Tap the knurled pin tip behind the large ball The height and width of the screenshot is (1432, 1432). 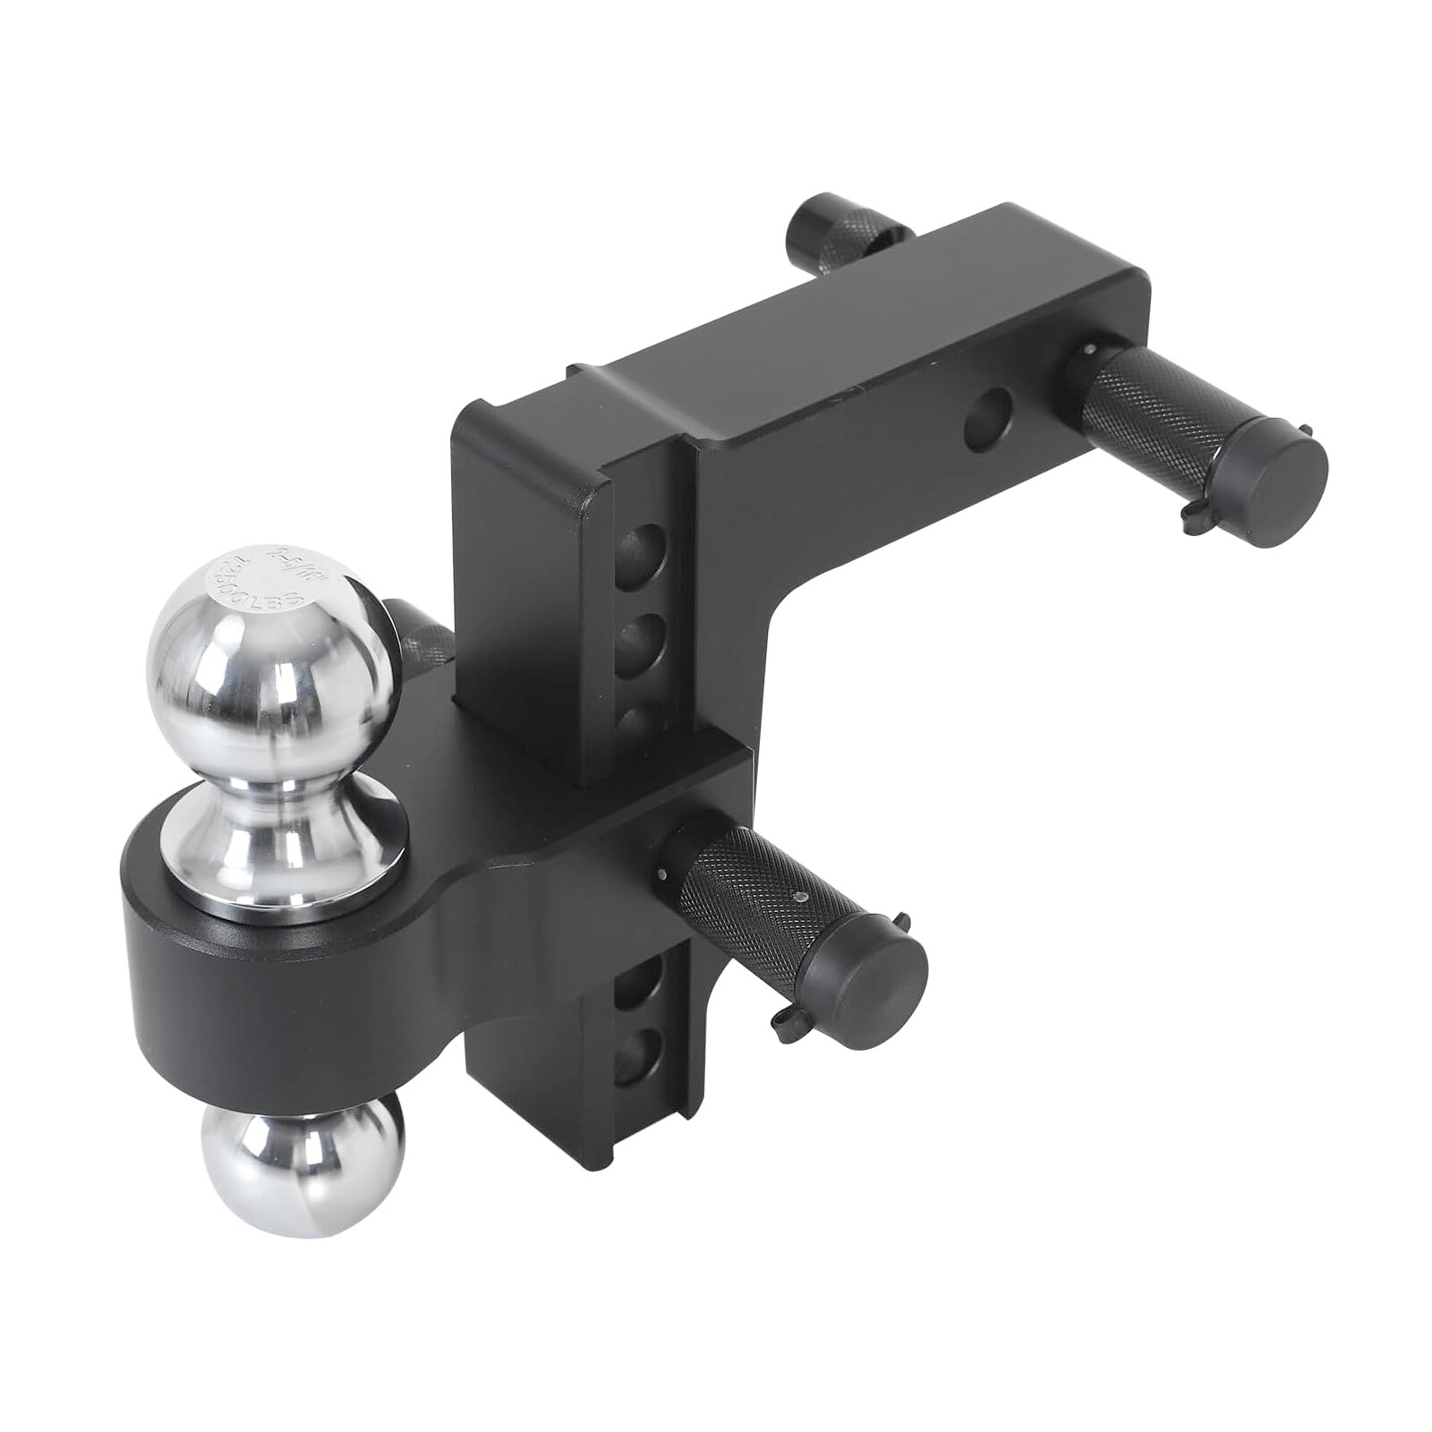(421, 640)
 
